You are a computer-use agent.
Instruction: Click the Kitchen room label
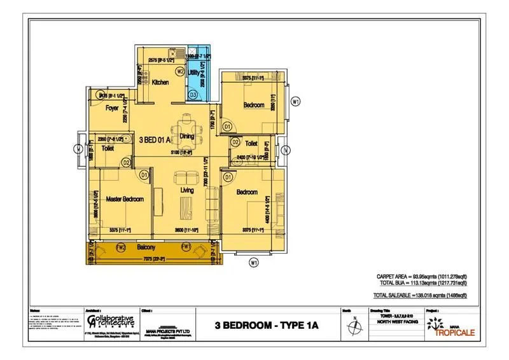pos(159,83)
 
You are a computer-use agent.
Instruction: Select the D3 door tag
pos(193,95)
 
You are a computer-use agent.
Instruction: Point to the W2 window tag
pos(180,71)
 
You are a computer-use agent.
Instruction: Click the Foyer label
pos(113,108)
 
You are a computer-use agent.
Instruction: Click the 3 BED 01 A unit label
pos(155,139)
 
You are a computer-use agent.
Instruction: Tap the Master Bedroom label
pos(125,199)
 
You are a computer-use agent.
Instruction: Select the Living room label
pos(186,190)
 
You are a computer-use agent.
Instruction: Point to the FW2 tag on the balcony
pos(122,247)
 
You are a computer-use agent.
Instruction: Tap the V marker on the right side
pos(286,150)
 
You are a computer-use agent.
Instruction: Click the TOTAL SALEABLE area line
pos(420,296)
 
